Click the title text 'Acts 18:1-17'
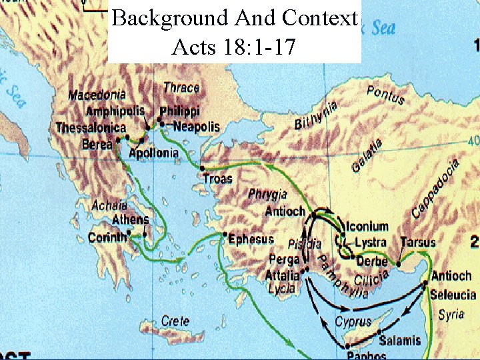point(233,47)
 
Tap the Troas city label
point(217,178)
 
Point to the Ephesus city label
point(251,239)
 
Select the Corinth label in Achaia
point(107,237)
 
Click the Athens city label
point(131,219)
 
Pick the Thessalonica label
point(91,127)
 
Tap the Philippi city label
point(180,111)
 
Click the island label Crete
point(175,321)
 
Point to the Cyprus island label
point(353,322)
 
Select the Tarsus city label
point(418,242)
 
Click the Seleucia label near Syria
point(453,295)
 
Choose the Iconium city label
point(367,226)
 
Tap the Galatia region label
point(367,155)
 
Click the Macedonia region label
point(97,95)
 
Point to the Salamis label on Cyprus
point(400,340)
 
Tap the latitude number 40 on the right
point(473,141)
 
